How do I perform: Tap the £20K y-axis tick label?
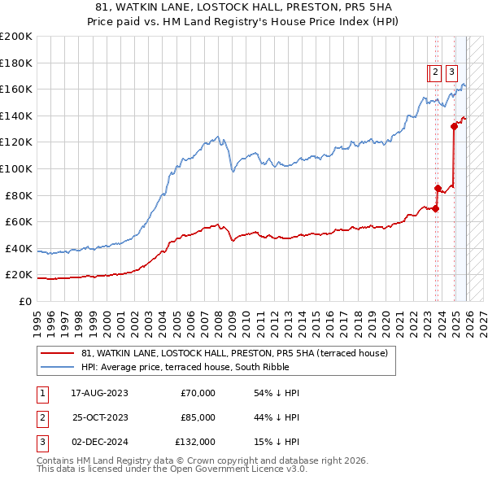coord(18,275)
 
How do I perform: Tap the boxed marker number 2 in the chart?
coord(435,72)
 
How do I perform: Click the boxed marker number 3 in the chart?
coord(451,72)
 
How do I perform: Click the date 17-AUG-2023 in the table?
coord(99,393)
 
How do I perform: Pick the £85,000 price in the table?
coord(198,417)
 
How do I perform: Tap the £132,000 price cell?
coord(195,442)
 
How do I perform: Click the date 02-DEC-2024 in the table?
coord(99,442)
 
